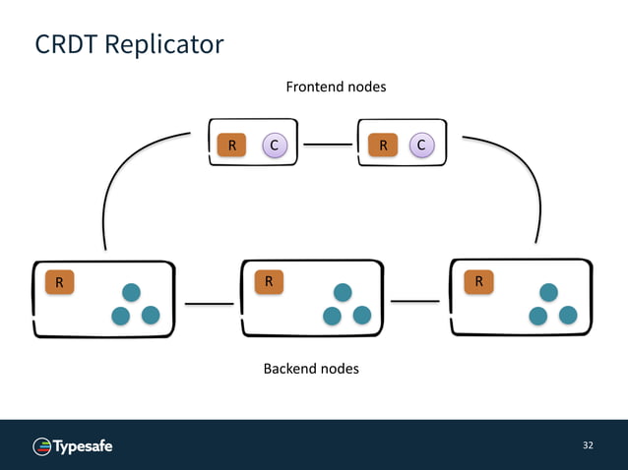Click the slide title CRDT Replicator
pyautogui.click(x=129, y=45)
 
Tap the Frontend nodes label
pyautogui.click(x=336, y=87)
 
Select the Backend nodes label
pyautogui.click(x=311, y=369)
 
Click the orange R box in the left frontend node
pyautogui.click(x=231, y=147)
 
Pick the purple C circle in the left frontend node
pyautogui.click(x=274, y=147)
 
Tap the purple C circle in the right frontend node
pyautogui.click(x=421, y=146)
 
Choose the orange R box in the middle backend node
pyautogui.click(x=267, y=282)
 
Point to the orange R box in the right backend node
pyautogui.click(x=478, y=282)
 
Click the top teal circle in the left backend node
pyautogui.click(x=131, y=292)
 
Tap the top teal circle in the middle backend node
pyautogui.click(x=343, y=292)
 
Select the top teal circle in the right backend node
pyautogui.click(x=548, y=292)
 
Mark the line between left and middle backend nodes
pyautogui.click(x=210, y=304)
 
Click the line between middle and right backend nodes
pyautogui.click(x=414, y=301)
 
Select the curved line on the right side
pyautogui.click(x=527, y=177)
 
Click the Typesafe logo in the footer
pyautogui.click(x=74, y=446)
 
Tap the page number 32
pyautogui.click(x=588, y=446)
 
